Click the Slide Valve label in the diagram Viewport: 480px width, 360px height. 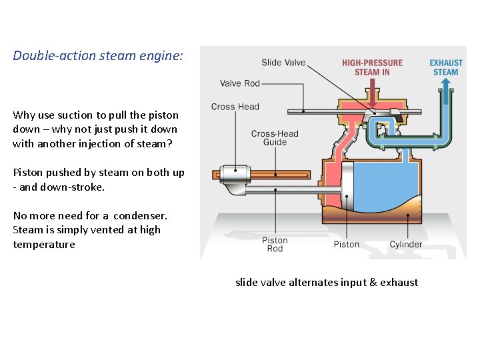[x=283, y=63]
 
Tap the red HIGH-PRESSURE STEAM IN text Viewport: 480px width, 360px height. [x=372, y=67]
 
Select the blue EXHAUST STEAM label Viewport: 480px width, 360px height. [x=445, y=67]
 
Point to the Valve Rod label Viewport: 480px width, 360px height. [x=239, y=83]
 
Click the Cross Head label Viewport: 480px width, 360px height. [x=235, y=107]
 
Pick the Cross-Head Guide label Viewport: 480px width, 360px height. [x=275, y=138]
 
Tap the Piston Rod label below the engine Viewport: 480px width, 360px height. [x=275, y=244]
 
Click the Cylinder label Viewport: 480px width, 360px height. [x=405, y=244]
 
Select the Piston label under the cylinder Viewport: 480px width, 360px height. [x=346, y=244]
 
